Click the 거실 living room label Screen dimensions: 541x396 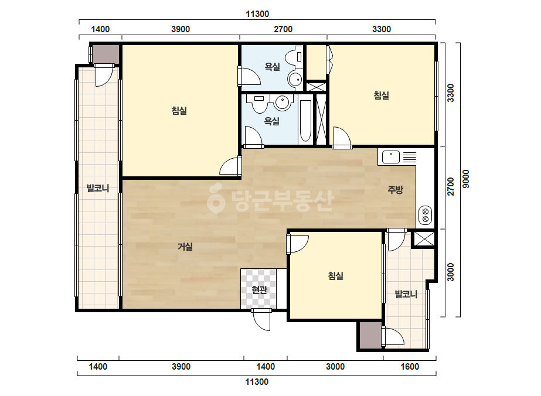[x=185, y=247]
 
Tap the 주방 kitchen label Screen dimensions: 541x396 [x=395, y=189]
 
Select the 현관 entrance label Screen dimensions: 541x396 [x=259, y=290]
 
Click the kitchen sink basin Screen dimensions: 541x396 [x=391, y=158]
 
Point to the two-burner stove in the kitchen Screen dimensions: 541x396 [x=426, y=215]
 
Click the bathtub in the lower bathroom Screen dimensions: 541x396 [x=305, y=121]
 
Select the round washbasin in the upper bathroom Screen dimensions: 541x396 [x=295, y=79]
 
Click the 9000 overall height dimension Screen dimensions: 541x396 [x=466, y=179]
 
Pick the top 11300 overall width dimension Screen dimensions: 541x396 [x=257, y=14]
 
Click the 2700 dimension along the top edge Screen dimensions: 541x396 [x=283, y=29]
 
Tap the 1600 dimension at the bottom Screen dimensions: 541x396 [x=410, y=366]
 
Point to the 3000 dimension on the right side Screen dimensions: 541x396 [x=451, y=272]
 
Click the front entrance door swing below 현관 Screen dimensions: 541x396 [x=262, y=320]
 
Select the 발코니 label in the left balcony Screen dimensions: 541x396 [x=98, y=189]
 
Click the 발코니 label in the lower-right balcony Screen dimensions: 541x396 [x=406, y=294]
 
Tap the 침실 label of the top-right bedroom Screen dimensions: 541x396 [x=381, y=95]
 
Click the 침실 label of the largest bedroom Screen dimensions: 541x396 [x=179, y=111]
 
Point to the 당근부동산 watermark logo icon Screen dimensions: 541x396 [x=216, y=199]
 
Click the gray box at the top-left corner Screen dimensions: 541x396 [x=106, y=54]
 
